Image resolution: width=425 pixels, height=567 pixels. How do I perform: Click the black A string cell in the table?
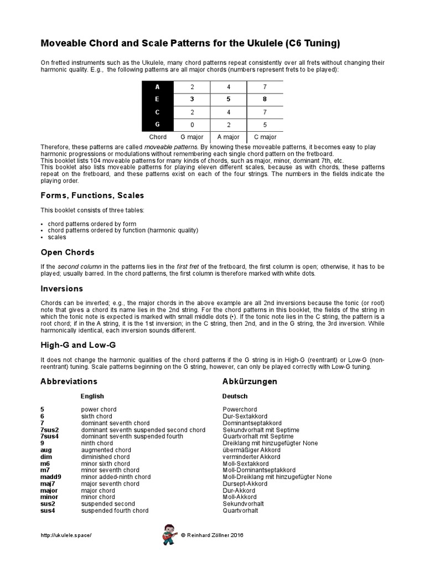point(158,87)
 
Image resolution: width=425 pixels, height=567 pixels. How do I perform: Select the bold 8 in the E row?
point(265,100)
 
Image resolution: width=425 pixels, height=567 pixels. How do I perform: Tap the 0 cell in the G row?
point(192,125)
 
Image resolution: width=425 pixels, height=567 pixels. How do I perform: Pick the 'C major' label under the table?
point(265,137)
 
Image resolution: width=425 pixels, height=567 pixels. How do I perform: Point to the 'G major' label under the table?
point(192,137)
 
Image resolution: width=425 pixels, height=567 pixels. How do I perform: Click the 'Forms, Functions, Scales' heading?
point(92,195)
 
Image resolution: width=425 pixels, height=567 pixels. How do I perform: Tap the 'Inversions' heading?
point(61,288)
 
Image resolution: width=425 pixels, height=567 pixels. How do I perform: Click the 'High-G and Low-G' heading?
point(78,345)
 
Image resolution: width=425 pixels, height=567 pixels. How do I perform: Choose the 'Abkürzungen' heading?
point(250,382)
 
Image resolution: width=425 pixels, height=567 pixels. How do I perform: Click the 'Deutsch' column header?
point(235,396)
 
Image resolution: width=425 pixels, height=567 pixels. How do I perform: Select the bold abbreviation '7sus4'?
point(49,436)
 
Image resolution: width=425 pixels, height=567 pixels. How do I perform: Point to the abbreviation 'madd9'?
point(50,477)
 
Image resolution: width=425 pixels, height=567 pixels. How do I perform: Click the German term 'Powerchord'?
point(239,410)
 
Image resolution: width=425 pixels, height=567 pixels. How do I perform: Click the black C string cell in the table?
point(158,112)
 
